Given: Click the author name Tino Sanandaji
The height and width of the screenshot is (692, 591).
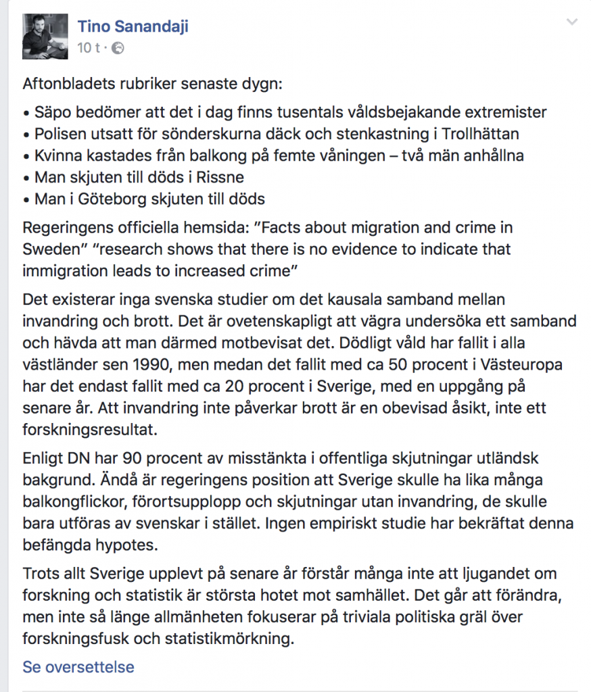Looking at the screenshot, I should tap(133, 26).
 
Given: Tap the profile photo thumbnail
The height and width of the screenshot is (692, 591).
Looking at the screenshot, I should tap(45, 36).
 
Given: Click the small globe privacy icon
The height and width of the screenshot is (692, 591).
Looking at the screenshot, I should tap(118, 48).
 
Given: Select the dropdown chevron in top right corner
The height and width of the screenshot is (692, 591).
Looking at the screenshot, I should tap(572, 22).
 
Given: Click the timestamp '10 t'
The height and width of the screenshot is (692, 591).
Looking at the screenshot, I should tap(89, 48).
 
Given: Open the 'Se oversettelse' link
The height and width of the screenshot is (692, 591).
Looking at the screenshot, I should tap(78, 667).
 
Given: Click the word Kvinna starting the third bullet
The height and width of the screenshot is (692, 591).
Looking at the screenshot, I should tap(57, 155).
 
